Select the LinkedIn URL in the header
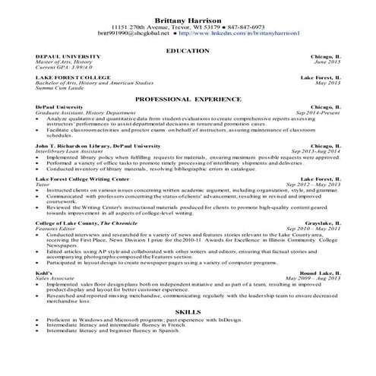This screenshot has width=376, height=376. coord(242,34)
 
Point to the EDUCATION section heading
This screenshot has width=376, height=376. coord(188,50)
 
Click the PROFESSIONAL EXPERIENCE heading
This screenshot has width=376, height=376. coord(188,100)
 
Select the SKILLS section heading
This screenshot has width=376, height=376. coord(188,311)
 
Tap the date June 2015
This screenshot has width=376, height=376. coord(327,62)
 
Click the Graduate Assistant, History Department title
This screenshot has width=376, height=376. coord(85,112)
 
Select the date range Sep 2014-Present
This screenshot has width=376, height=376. coord(318,112)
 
